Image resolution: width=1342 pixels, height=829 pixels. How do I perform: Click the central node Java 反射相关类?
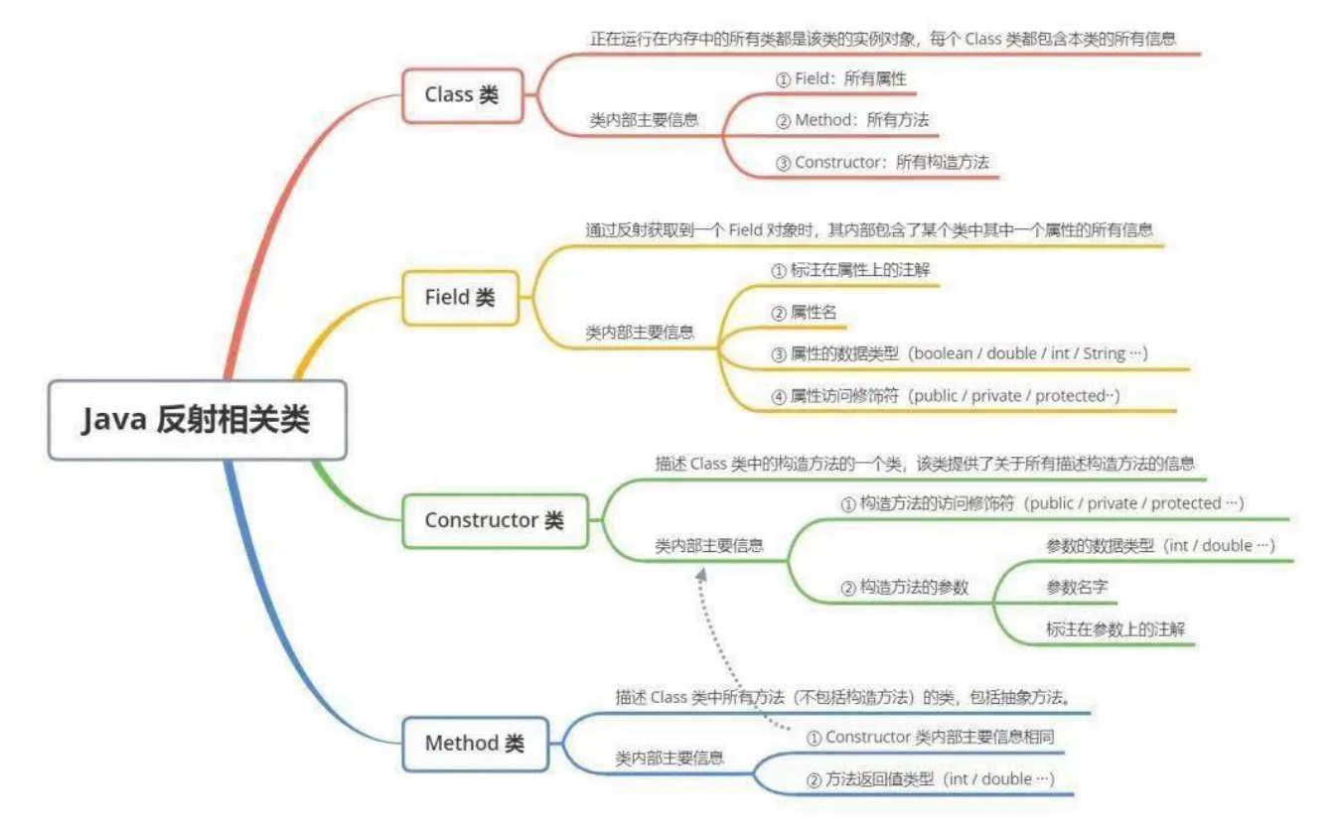coord(197,420)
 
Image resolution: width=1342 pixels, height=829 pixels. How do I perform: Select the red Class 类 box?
coord(462,95)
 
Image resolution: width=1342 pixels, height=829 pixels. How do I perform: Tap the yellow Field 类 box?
coord(460,297)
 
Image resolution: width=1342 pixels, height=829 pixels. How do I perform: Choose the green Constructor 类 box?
coord(494,520)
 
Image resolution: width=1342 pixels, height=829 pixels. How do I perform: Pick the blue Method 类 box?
coord(475,744)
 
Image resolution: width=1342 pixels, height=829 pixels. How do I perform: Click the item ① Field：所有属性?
coord(840,78)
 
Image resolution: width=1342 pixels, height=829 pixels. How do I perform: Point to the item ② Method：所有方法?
coord(852,120)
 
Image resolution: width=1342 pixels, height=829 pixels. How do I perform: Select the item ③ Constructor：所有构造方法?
coord(882,162)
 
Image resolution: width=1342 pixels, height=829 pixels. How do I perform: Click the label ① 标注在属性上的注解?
coord(850,270)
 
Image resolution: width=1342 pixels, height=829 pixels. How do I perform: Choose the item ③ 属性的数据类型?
coord(960,353)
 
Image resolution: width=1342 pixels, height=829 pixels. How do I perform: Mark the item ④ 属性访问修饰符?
coord(946,396)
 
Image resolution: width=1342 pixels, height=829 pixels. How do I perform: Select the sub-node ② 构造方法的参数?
coord(904,587)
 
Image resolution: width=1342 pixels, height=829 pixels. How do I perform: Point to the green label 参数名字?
coord(1077,587)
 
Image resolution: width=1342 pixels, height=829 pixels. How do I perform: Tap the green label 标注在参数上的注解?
coord(1115,628)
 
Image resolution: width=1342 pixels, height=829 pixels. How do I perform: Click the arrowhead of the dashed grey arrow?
coord(702,574)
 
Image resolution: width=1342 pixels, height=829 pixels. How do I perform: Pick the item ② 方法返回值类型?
coord(930,779)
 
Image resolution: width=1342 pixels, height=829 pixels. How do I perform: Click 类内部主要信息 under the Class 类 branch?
coord(644,120)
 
